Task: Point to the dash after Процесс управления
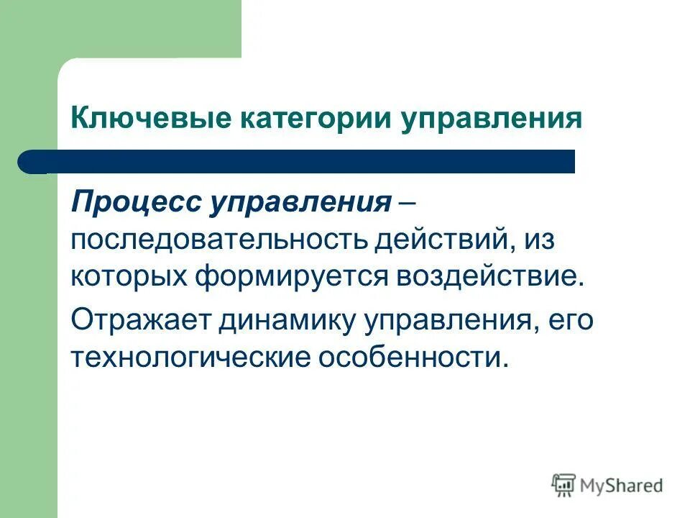pos(407,203)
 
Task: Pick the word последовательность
pos(217,240)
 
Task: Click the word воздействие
pos(465,277)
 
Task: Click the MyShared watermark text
pos(622,486)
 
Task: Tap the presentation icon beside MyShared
pos(564,485)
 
